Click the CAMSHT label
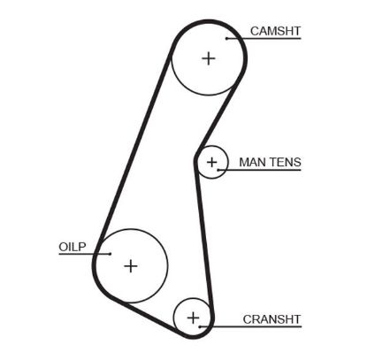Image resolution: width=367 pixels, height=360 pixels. [275, 31]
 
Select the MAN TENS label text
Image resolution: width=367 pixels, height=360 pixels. [270, 162]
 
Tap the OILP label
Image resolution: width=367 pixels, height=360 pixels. [71, 247]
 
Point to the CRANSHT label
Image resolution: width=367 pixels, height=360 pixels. [271, 319]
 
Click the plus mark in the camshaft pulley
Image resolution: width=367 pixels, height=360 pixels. [208, 58]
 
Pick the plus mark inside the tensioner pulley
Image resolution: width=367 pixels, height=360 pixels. [212, 163]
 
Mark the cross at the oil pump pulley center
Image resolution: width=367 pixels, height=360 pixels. [131, 265]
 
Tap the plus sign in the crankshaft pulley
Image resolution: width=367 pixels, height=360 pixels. [194, 317]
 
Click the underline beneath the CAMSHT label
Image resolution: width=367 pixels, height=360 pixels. [265, 40]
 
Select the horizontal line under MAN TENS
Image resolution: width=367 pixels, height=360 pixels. [265, 171]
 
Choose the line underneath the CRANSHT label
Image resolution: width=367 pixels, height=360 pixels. [265, 327]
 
